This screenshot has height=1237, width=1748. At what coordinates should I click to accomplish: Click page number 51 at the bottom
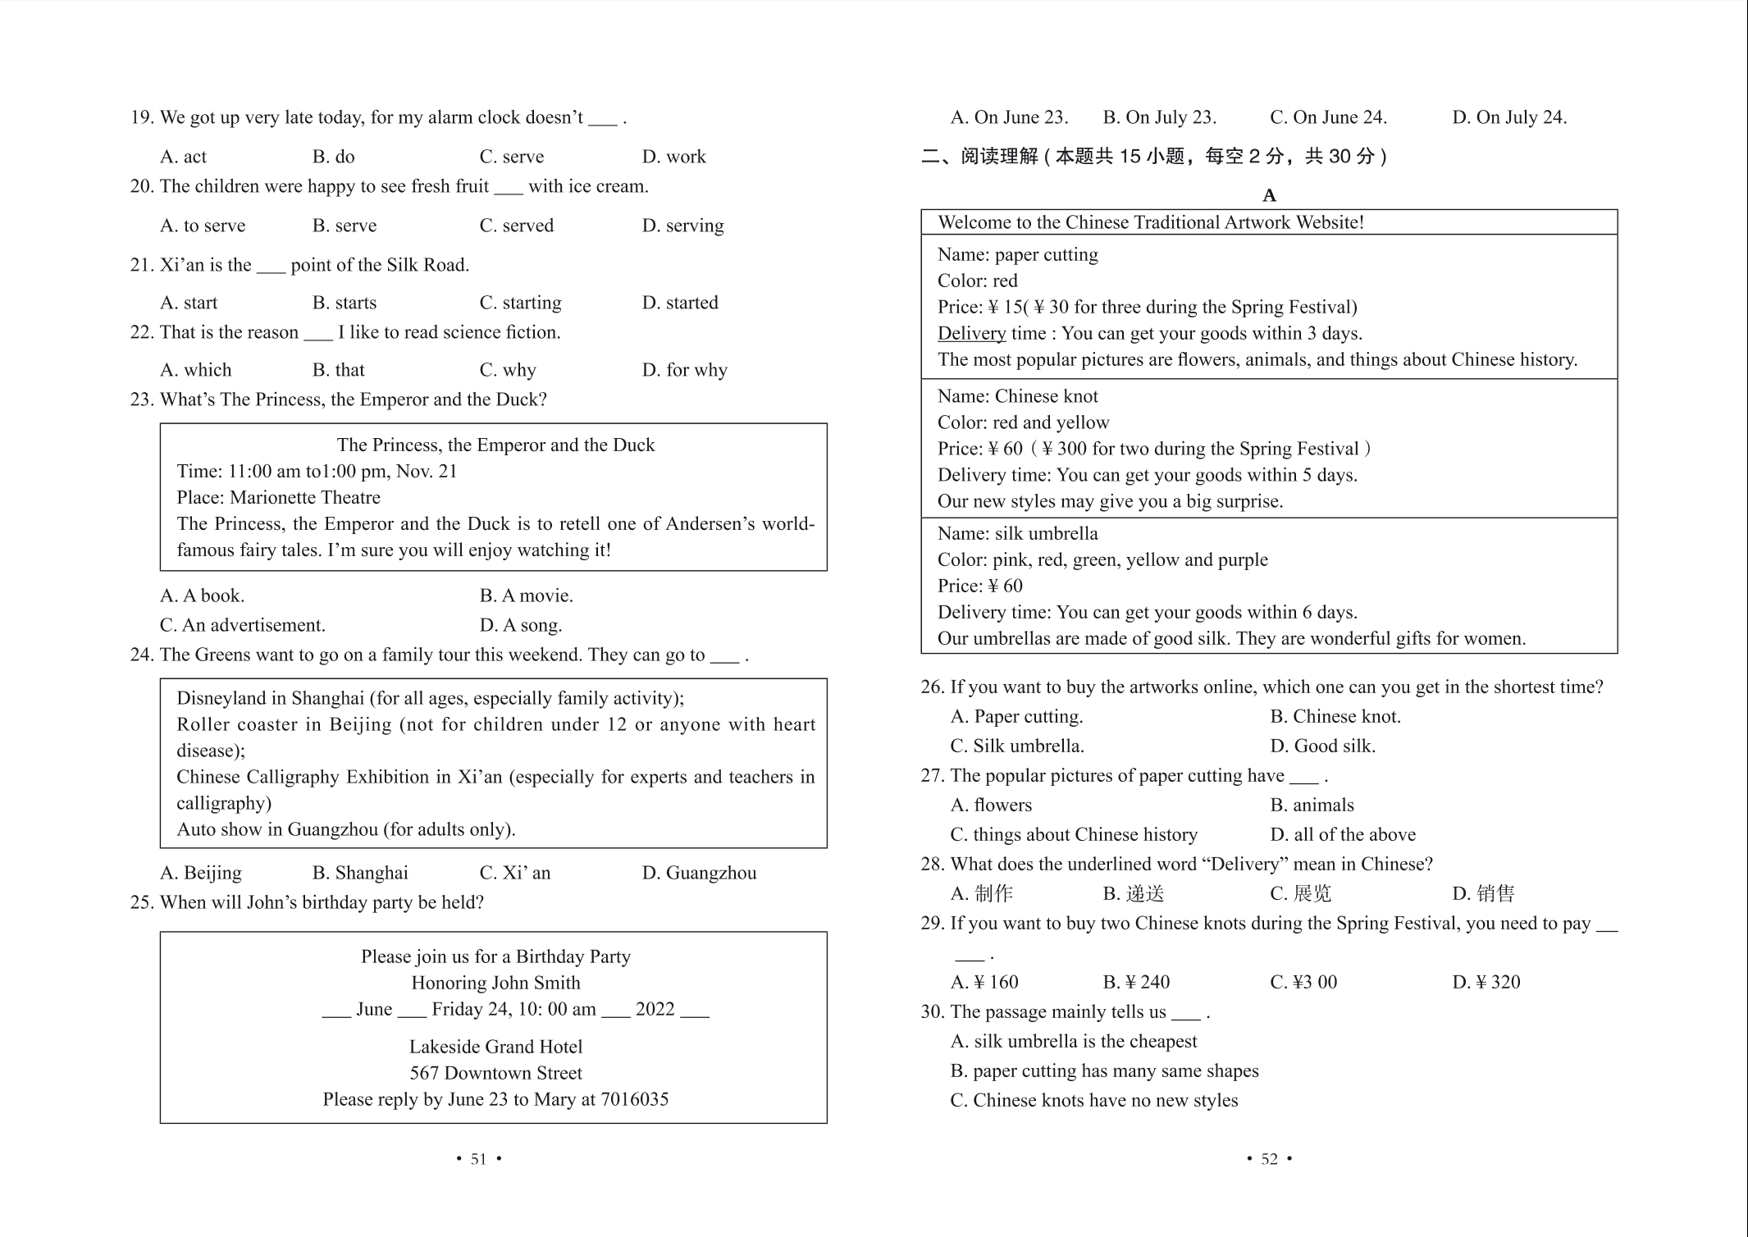coord(478,1159)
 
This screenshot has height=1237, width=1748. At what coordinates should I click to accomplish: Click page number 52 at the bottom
coord(1269,1159)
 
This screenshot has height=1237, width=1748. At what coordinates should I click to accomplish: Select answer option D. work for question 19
coord(673,157)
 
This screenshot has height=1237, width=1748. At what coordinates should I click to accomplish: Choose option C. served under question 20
coord(516,226)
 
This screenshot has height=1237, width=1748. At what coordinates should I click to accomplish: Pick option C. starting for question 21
coord(520,303)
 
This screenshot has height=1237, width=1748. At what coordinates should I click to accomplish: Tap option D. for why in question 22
coord(684,370)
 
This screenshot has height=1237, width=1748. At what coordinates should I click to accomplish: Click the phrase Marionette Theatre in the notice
coord(305,498)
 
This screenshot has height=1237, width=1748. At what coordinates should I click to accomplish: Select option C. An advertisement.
coord(243,625)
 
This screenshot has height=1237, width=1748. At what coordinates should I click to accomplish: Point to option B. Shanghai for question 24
coord(360,873)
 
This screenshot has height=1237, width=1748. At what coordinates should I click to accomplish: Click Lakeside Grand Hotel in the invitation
coord(495,1047)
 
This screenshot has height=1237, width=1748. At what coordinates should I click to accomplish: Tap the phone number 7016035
coord(637,1099)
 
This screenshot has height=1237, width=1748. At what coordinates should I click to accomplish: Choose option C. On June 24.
coord(1328,117)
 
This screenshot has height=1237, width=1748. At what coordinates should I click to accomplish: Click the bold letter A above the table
coord(1269,195)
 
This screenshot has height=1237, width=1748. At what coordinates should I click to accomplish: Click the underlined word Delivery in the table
coord(971,333)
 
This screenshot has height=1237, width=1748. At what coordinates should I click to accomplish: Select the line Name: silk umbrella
coord(1017,533)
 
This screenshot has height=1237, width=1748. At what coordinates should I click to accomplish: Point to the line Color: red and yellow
coord(1023,422)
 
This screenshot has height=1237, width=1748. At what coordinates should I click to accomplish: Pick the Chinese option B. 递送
coord(1134,893)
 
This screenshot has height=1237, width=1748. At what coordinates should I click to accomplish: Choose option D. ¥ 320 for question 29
coord(1486,982)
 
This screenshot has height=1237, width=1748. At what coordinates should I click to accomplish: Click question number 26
coord(932,687)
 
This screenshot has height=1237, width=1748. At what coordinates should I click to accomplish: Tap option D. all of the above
coord(1343,834)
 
